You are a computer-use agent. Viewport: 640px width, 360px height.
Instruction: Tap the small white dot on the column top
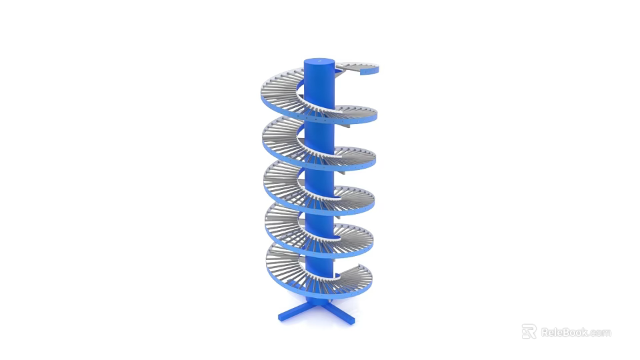tap(318, 61)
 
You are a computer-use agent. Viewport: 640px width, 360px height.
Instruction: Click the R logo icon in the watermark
tap(529, 331)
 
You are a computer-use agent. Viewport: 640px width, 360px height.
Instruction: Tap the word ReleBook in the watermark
tap(564, 332)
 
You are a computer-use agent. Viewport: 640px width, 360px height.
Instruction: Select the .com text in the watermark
tap(599, 333)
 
